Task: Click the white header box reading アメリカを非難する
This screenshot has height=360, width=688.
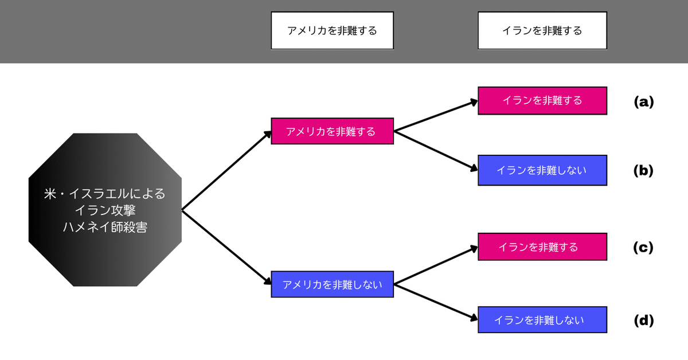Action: click(332, 31)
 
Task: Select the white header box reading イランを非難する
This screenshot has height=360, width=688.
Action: click(542, 31)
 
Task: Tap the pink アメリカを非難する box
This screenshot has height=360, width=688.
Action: click(332, 131)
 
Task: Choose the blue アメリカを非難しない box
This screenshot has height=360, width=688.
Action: click(332, 284)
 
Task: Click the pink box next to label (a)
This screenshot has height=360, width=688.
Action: click(542, 100)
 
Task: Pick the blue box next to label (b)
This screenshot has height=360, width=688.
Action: click(542, 170)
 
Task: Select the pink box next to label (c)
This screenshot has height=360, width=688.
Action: click(542, 247)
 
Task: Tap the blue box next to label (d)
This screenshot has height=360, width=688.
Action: click(542, 320)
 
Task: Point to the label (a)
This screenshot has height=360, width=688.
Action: click(643, 102)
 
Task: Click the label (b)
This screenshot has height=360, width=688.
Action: click(643, 171)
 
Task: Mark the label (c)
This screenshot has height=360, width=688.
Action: click(643, 248)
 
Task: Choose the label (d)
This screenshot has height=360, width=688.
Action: click(643, 320)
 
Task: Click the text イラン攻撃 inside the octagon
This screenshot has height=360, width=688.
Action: click(105, 210)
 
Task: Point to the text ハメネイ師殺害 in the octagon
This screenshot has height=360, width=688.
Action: click(105, 227)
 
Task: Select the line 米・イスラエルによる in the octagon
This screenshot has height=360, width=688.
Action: click(105, 194)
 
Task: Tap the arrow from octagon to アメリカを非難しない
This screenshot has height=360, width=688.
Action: click(226, 247)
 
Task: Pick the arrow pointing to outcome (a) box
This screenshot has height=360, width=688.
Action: click(436, 116)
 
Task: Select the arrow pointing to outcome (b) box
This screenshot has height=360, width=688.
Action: click(436, 150)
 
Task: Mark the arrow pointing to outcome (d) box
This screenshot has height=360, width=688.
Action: click(436, 300)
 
